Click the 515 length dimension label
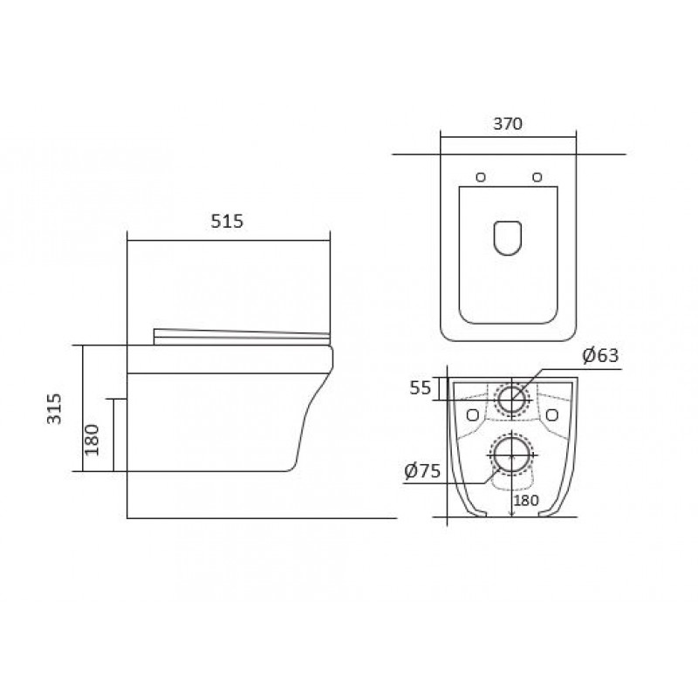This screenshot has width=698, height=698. click(x=227, y=222)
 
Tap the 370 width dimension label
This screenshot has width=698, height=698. click(x=508, y=123)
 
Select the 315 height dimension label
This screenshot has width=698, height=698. click(x=54, y=408)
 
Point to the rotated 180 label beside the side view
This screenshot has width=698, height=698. click(x=92, y=440)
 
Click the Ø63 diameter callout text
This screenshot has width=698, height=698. click(x=600, y=355)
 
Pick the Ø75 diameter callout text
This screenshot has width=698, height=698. click(x=422, y=470)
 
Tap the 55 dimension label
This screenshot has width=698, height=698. click(x=421, y=388)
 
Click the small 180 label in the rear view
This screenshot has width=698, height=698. click(x=526, y=500)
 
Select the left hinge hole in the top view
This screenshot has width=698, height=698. click(x=481, y=177)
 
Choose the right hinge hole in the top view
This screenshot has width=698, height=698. click(x=537, y=177)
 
